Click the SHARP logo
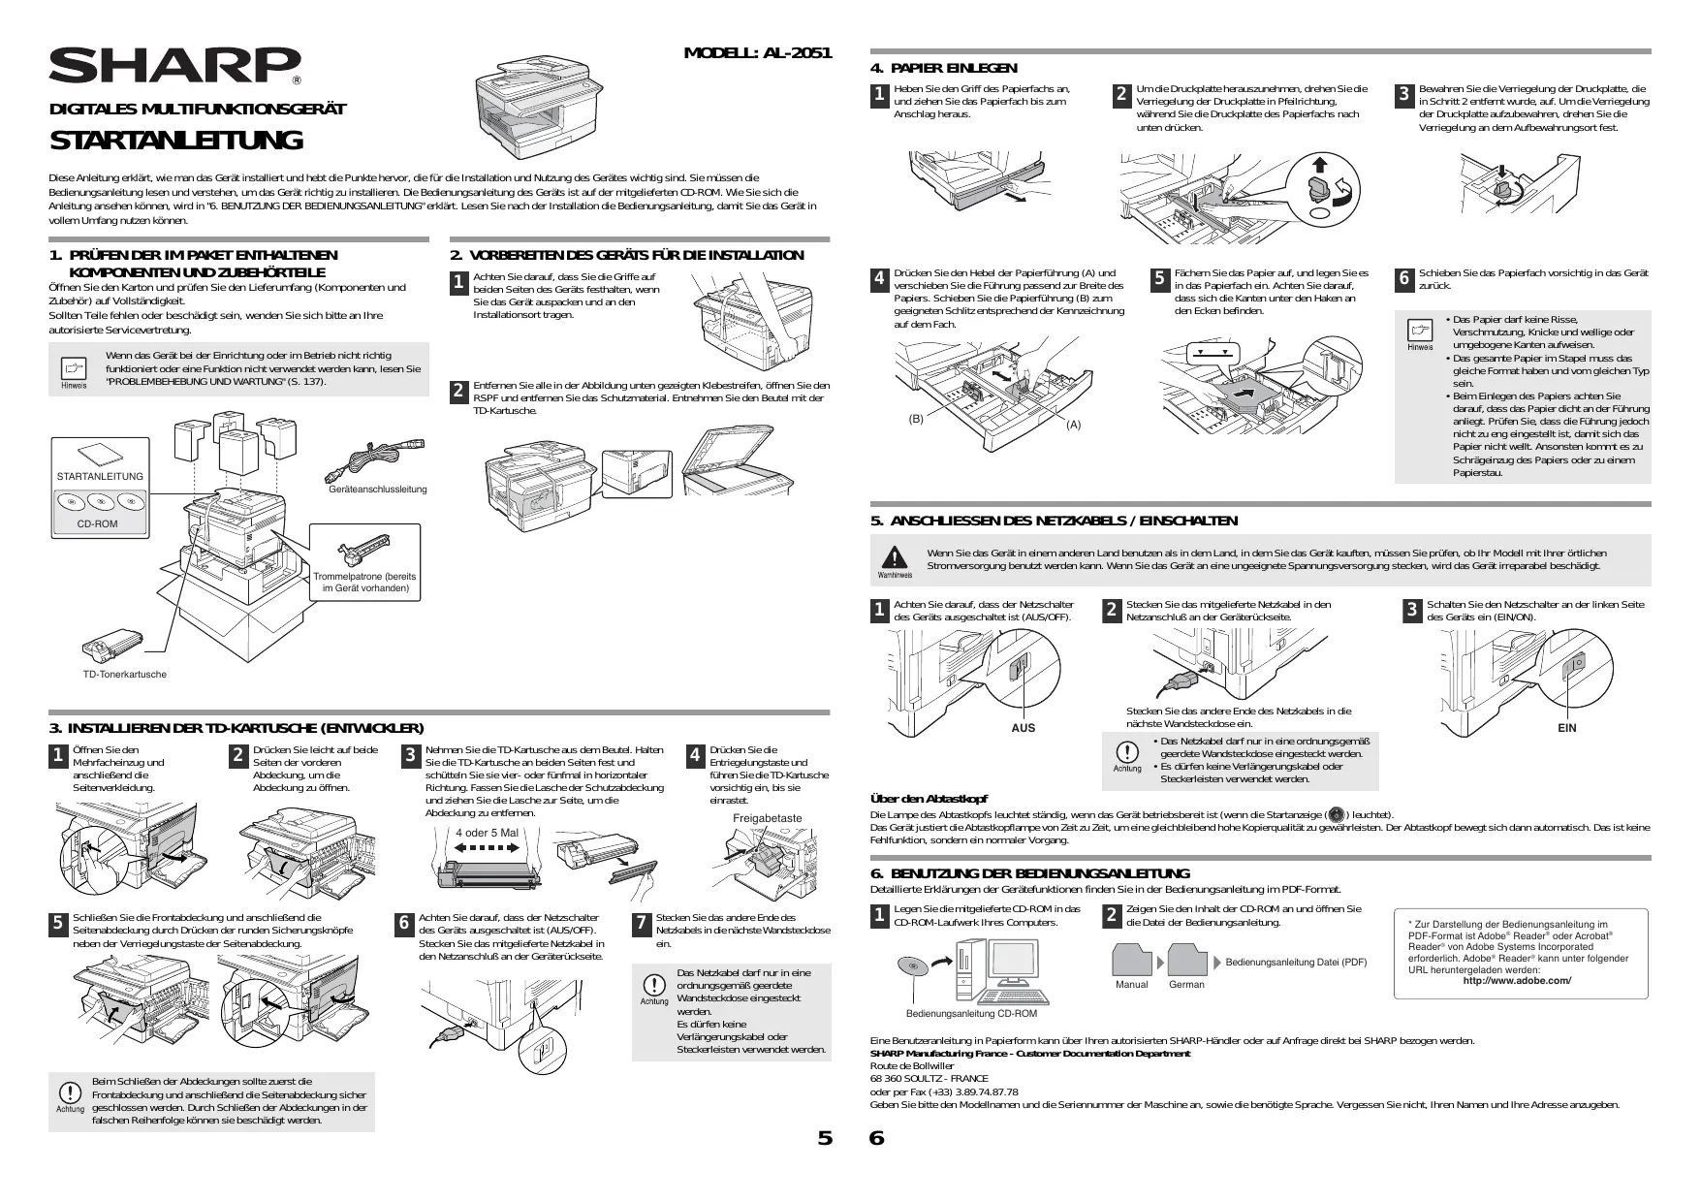tap(174, 66)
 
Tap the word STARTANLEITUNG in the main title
tap(175, 141)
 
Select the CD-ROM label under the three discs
tap(97, 523)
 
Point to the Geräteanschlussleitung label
tap(378, 490)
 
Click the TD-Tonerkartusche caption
tap(124, 674)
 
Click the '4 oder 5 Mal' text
tap(487, 833)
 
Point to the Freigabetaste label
tap(767, 818)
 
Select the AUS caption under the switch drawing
tap(1023, 728)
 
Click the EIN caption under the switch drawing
tap(1567, 728)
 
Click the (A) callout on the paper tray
tap(1073, 425)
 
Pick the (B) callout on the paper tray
tap(915, 419)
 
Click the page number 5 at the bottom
tap(825, 1138)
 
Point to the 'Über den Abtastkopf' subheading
tap(929, 799)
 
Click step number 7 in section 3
tap(642, 925)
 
